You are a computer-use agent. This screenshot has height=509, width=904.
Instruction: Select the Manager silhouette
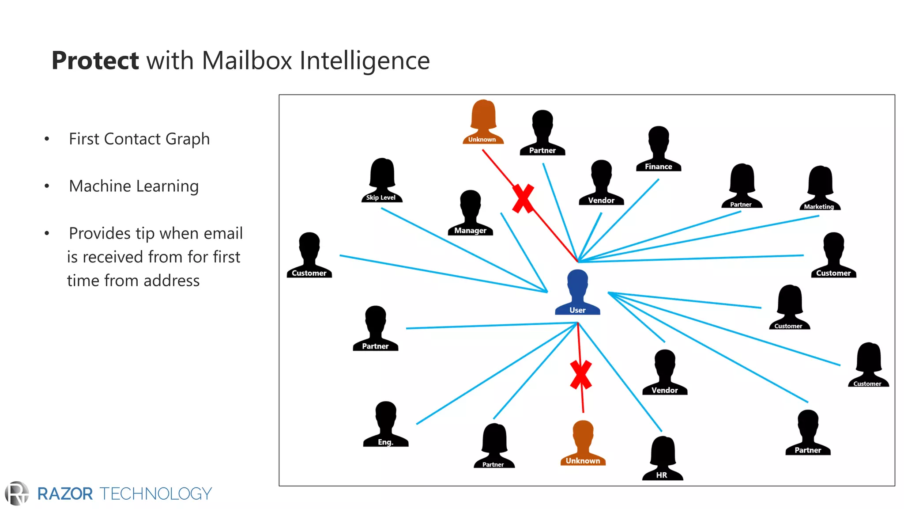[470, 213]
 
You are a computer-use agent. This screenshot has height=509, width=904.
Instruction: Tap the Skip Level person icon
[382, 180]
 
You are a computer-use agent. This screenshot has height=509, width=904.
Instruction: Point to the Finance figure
[659, 148]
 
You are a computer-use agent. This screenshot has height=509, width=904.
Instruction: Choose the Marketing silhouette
[820, 188]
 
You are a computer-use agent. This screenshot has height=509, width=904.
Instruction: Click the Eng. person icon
[386, 424]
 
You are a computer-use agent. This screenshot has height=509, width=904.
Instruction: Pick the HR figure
[663, 458]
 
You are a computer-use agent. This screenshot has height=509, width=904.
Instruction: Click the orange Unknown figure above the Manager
[483, 122]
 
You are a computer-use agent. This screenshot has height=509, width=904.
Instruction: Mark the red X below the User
[580, 375]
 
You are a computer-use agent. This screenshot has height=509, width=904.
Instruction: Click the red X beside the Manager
[523, 199]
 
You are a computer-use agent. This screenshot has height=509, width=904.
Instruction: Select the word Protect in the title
[95, 61]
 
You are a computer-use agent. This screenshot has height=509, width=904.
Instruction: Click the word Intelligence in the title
[365, 61]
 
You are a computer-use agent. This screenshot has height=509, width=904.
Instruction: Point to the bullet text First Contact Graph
[139, 139]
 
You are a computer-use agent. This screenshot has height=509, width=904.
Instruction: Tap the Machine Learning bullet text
[134, 186]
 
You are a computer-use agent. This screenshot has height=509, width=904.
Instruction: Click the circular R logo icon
[17, 493]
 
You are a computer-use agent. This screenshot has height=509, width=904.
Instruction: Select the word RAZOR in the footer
[65, 494]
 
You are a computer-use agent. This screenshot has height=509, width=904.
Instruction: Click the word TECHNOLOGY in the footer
[156, 494]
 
